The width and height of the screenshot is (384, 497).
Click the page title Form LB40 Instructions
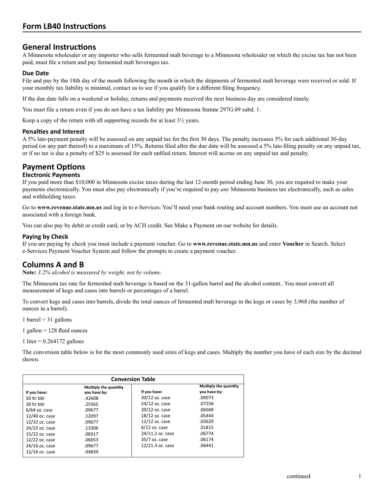click(64, 26)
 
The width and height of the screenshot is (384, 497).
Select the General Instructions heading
click(59, 47)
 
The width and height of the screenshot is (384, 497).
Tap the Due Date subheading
click(36, 73)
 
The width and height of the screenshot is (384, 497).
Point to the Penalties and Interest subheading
click(53, 131)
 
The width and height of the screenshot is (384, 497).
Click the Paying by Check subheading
click(45, 236)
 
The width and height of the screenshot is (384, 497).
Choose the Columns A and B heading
click(53, 265)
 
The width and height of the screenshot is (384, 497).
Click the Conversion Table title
click(133, 379)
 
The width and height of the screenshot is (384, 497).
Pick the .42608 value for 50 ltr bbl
click(91, 398)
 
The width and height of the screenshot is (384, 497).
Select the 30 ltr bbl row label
click(35, 404)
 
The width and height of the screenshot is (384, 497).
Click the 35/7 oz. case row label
click(154, 440)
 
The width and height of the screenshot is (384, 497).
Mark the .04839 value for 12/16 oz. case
click(91, 452)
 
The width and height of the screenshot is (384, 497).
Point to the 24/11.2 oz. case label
click(157, 434)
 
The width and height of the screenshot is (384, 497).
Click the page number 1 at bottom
click(359, 476)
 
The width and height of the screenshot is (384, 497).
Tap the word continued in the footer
click(298, 476)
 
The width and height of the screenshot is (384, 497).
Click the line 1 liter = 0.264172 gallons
click(53, 341)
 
